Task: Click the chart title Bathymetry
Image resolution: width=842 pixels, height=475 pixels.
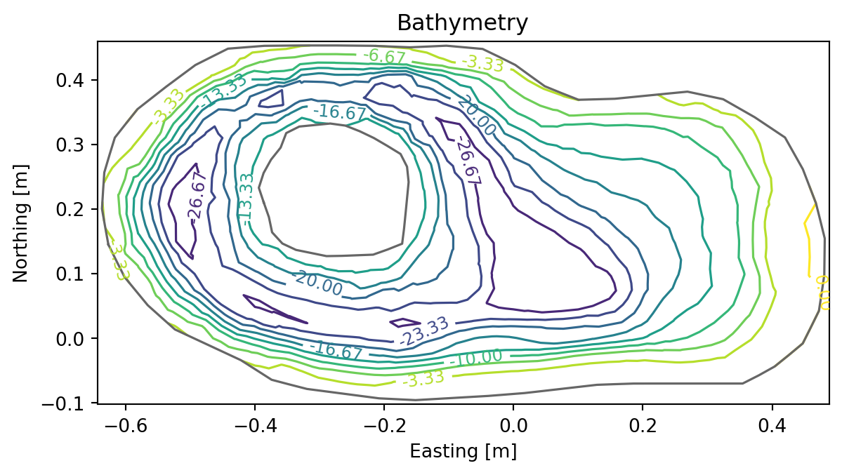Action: coord(462,23)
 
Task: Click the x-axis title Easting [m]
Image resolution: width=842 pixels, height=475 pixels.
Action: coord(463,451)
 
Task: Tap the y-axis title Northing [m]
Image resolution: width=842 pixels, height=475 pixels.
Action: coord(20,222)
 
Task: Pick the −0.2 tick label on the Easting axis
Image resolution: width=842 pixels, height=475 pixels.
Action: coord(384,426)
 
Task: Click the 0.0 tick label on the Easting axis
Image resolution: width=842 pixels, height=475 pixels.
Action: coord(513,426)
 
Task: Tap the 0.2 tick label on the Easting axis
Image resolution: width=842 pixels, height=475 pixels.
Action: coord(643,426)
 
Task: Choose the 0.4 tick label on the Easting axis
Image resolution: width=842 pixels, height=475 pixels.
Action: coord(772,426)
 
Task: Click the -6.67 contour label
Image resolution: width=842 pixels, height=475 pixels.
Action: coord(384,55)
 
